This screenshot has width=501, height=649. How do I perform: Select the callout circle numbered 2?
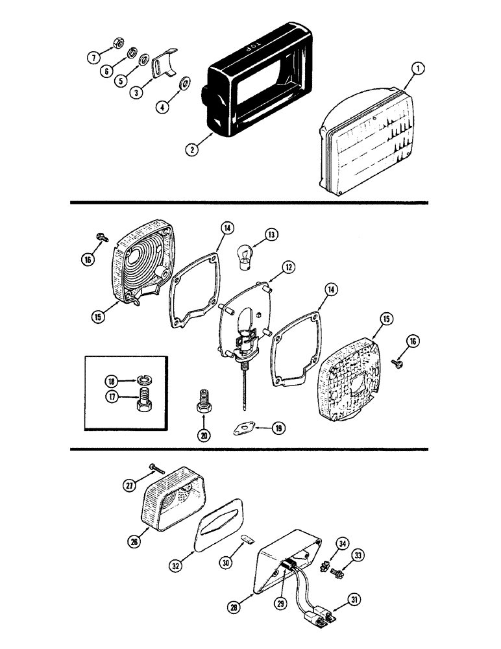(x=190, y=148)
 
